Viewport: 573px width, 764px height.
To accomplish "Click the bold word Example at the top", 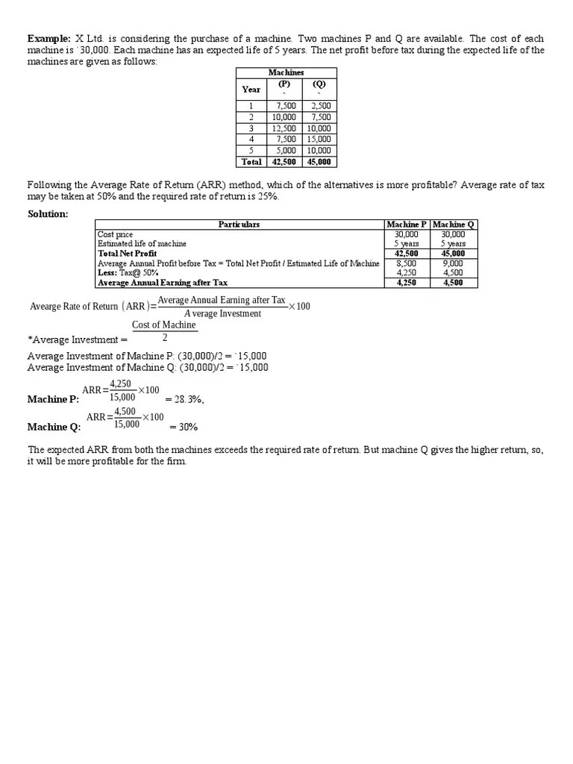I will (49, 38).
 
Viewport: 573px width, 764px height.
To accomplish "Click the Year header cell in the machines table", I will (251, 89).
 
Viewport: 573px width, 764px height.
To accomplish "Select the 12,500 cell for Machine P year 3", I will (284, 128).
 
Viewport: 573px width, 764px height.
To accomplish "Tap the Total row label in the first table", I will (251, 161).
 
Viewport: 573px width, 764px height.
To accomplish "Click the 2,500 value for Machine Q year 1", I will (320, 106).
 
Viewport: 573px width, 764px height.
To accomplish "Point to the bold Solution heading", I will (48, 214).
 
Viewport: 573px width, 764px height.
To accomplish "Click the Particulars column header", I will (239, 225).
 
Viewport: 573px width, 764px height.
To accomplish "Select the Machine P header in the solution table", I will (407, 225).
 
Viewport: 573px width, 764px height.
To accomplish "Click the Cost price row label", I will (116, 234).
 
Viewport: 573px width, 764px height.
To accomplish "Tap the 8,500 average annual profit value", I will (407, 263).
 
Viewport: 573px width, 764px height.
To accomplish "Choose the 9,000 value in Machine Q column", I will (453, 263).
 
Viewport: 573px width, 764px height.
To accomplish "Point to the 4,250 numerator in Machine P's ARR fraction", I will (120, 384).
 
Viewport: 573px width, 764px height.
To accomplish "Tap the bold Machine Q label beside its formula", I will (54, 428).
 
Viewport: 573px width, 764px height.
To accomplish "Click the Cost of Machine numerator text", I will (164, 325).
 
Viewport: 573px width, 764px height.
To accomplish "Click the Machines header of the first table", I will (286, 72).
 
